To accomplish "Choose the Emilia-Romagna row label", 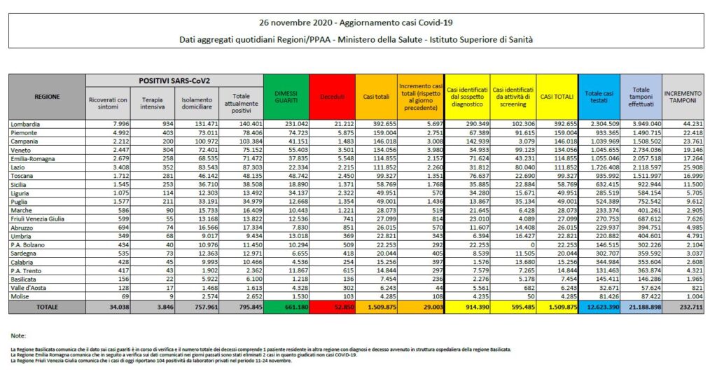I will coord(34,160).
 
